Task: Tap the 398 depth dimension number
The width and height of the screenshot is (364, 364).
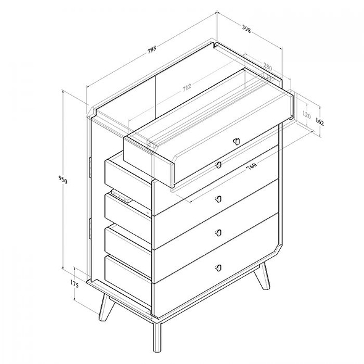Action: tap(246, 28)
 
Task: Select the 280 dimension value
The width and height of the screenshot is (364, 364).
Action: tap(267, 65)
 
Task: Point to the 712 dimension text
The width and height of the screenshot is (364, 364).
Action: tap(186, 89)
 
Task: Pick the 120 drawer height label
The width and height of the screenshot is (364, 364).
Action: tap(307, 115)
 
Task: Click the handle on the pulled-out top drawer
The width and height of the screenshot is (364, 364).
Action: tap(236, 141)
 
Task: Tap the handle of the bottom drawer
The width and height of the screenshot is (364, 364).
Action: tap(218, 267)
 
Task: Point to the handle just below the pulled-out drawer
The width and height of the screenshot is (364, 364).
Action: tap(218, 165)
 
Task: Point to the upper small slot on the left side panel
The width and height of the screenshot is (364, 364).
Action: tap(90, 165)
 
